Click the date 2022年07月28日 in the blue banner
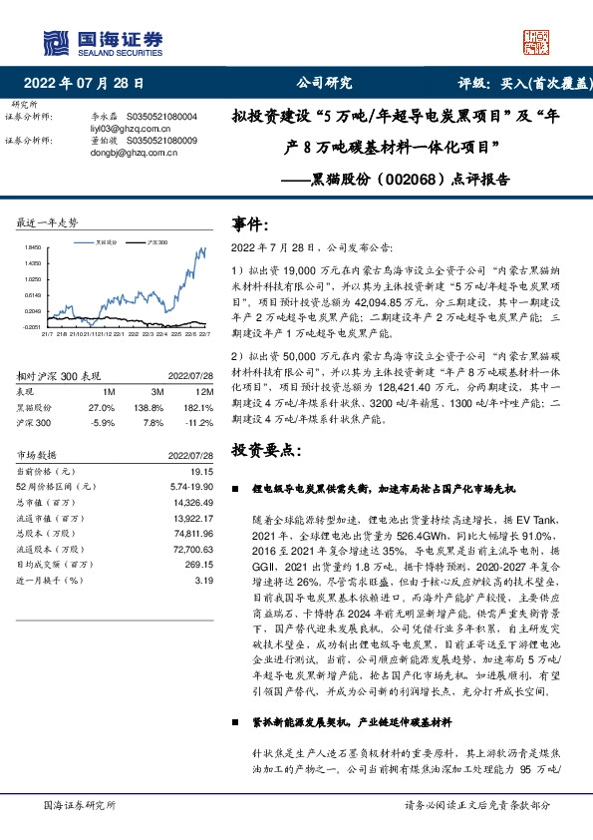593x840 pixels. pos(89,84)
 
